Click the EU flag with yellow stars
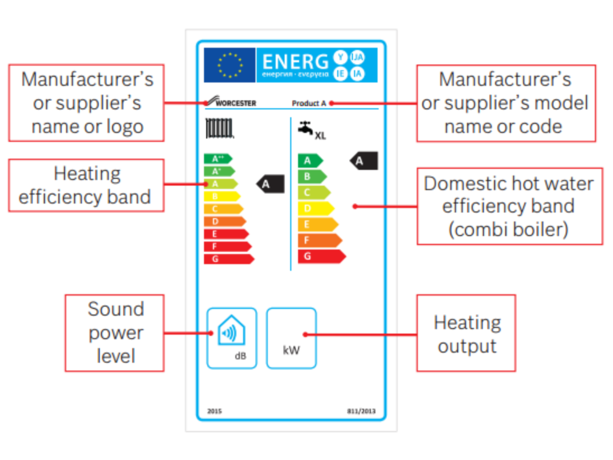pos(229,65)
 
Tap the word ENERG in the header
pos(295,62)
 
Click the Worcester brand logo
pos(230,102)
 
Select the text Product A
pos(309,103)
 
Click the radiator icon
pos(219,128)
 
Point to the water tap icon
pos(305,128)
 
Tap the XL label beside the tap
pos(320,136)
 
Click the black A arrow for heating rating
pos(270,184)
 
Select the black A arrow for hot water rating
pos(364,161)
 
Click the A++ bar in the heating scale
pos(217,158)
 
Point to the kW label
pos(291,351)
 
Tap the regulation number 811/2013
pos(358,411)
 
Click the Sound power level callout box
pos(114,333)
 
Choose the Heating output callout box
pos(466,333)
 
